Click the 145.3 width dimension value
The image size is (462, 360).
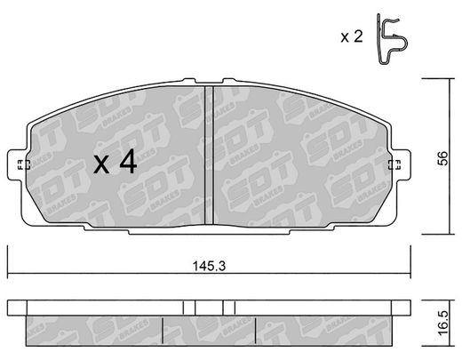pos(209,266)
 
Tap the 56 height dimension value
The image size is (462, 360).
pos(443,158)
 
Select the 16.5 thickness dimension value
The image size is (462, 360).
pos(443,323)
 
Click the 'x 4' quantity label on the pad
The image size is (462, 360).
pos(115,162)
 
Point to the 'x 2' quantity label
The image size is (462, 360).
pos(352,37)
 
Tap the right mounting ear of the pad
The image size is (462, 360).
pos(401,164)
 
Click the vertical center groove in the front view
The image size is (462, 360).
pos(209,155)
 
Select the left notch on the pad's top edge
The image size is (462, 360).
pos(189,80)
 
